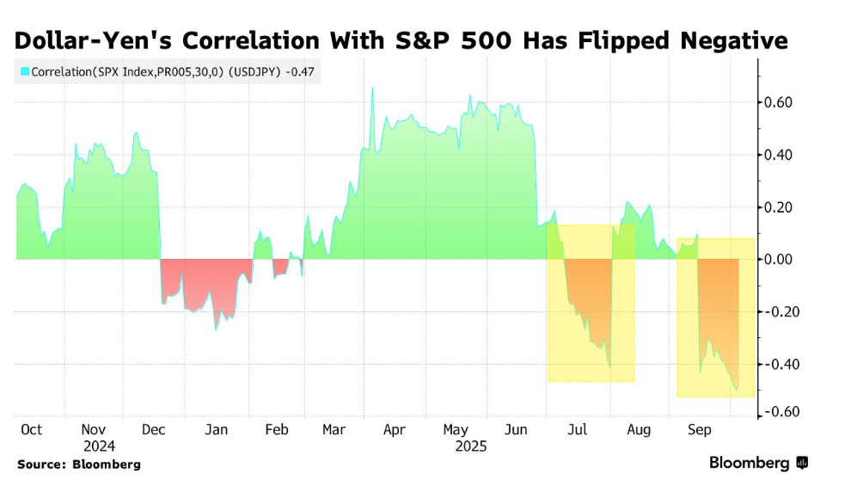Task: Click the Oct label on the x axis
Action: [31, 429]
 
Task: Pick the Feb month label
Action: [277, 429]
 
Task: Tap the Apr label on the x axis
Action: [394, 429]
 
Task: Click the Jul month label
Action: [577, 429]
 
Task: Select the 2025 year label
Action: [470, 446]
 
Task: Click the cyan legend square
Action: [25, 72]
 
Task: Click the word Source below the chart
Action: [40, 464]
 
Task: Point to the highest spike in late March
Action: [372, 88]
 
